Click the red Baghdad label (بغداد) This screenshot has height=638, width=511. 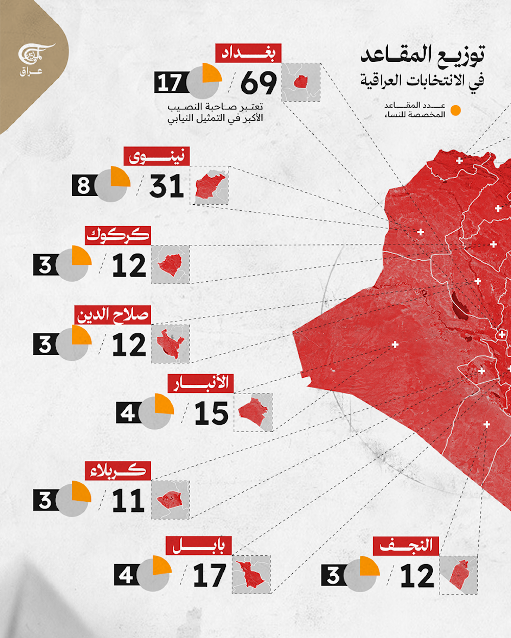coord(248,53)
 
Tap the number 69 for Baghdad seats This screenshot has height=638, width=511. coord(259,83)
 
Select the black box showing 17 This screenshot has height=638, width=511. coord(169,83)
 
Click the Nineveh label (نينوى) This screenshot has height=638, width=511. coord(156,156)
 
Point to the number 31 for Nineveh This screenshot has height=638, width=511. coord(166,186)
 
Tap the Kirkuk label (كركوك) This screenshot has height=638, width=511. coord(118,235)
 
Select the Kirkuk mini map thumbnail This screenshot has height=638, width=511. coord(170,265)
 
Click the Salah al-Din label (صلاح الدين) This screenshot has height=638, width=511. coord(113,314)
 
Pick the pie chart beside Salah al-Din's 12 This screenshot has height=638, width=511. coord(73,344)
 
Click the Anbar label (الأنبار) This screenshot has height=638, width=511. coord(201,383)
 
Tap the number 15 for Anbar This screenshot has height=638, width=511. coord(211,413)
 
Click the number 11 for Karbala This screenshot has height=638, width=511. coord(128,501)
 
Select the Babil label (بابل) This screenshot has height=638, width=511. coord(198,546)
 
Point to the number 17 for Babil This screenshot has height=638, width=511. coord(209,576)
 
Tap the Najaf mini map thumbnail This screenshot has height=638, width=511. coord(458,575)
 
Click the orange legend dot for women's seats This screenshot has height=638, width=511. coord(455,110)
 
